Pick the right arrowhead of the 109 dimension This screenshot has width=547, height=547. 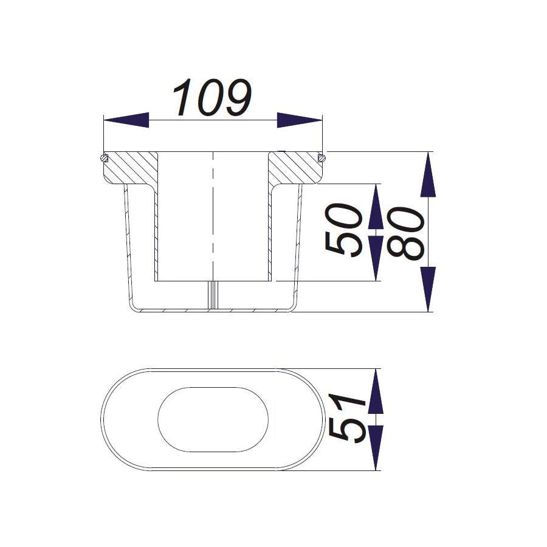coord(299,120)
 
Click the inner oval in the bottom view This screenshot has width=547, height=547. coord(213,419)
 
